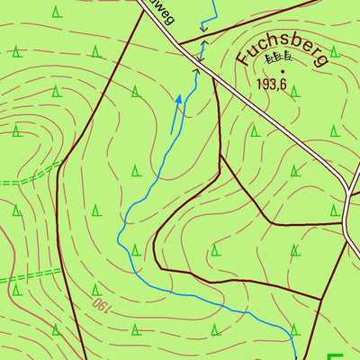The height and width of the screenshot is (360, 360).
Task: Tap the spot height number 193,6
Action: pos(277,84)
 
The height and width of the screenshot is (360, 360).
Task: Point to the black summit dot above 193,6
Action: pos(283,70)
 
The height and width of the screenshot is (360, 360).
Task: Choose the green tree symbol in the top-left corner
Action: pos(56,12)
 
